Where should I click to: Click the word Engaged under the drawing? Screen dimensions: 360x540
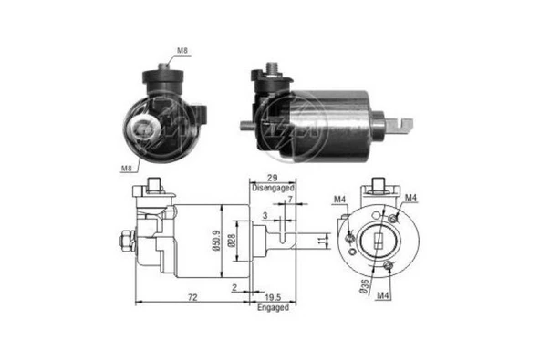pyautogui.click(x=272, y=308)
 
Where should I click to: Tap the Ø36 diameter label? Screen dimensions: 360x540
pyautogui.click(x=363, y=285)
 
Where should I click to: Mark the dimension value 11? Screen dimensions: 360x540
pyautogui.click(x=320, y=241)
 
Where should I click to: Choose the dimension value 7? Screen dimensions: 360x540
pyautogui.click(x=289, y=200)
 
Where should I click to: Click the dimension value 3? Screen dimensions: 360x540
pyautogui.click(x=265, y=216)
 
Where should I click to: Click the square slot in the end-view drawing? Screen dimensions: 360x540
pyautogui.click(x=379, y=242)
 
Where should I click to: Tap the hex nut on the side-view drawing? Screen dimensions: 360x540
pyautogui.click(x=123, y=243)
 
